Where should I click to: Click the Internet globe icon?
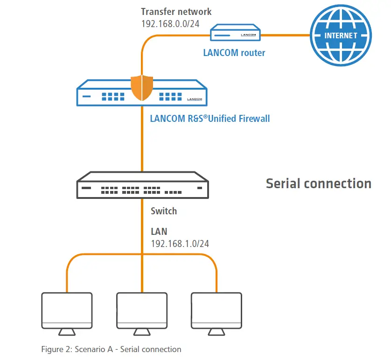pyautogui.click(x=341, y=35)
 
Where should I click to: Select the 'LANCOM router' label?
pyautogui.click(x=234, y=53)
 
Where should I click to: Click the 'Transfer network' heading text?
pyautogui.click(x=176, y=12)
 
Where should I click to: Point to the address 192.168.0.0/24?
pyautogui.click(x=170, y=23)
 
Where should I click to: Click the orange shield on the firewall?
pyautogui.click(x=142, y=87)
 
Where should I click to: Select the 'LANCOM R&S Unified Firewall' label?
pyautogui.click(x=209, y=118)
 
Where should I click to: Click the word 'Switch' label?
pyautogui.click(x=164, y=211)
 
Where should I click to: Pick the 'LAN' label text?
pyautogui.click(x=159, y=231)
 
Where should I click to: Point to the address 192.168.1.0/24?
pyautogui.click(x=180, y=243)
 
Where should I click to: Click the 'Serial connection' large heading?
pyautogui.click(x=318, y=183)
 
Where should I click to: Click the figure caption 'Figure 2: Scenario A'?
pyautogui.click(x=111, y=349)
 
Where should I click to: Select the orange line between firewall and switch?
pyautogui.click(x=142, y=140)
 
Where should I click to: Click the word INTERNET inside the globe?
pyautogui.click(x=341, y=35)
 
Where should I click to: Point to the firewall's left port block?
pyautogui.click(x=113, y=96)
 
